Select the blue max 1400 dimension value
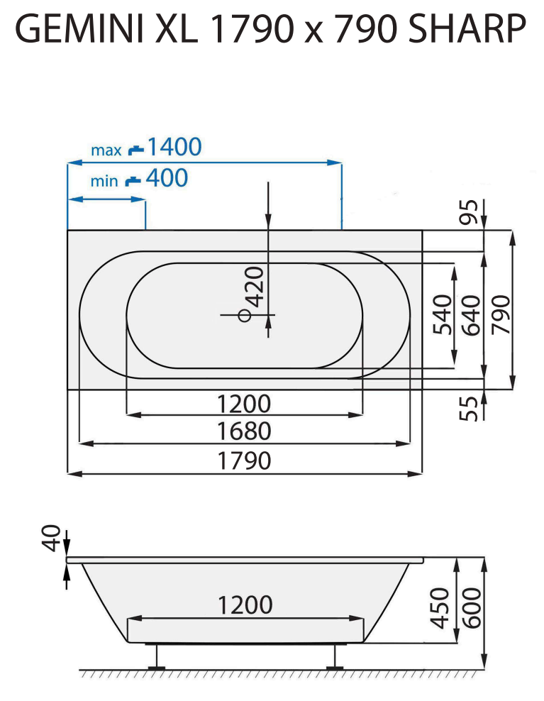click(174, 147)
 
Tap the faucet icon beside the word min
click(133, 180)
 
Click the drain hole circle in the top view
click(245, 315)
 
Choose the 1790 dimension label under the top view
click(244, 461)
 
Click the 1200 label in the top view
click(244, 404)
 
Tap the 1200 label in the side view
click(245, 605)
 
